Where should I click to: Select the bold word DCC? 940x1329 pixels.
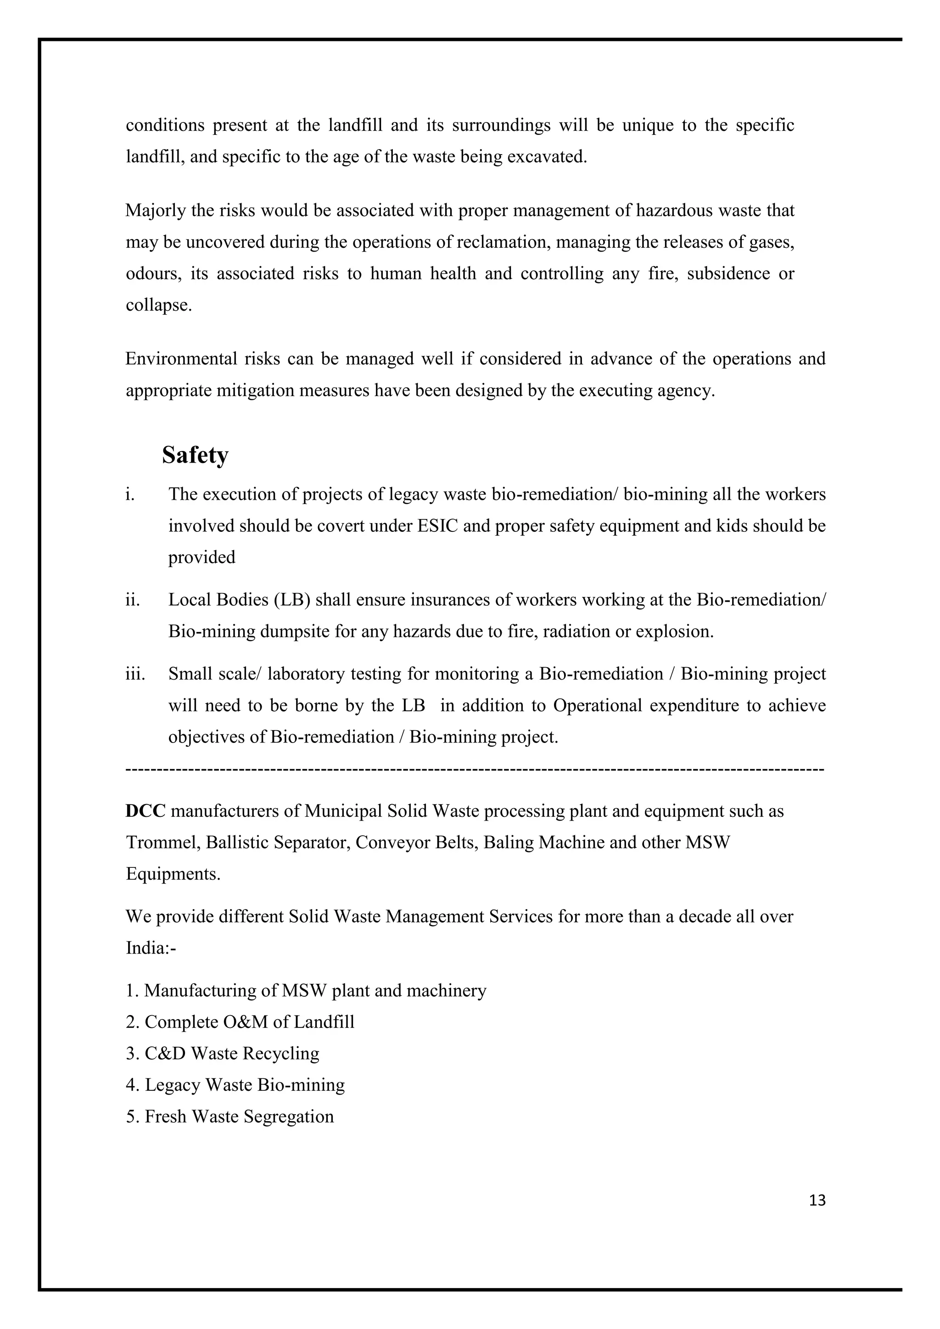[x=145, y=811]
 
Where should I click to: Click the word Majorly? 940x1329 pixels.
[x=155, y=211]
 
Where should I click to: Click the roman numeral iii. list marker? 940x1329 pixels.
[x=135, y=674]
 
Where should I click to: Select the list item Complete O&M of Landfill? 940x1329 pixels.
[x=240, y=1022]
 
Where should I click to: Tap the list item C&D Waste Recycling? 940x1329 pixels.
[x=223, y=1053]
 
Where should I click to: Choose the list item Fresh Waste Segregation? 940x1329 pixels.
[x=230, y=1116]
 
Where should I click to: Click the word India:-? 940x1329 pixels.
[x=151, y=948]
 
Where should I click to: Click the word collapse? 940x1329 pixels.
[x=159, y=305]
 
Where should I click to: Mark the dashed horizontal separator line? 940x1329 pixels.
[x=475, y=770]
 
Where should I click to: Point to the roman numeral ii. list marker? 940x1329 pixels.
[x=133, y=600]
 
